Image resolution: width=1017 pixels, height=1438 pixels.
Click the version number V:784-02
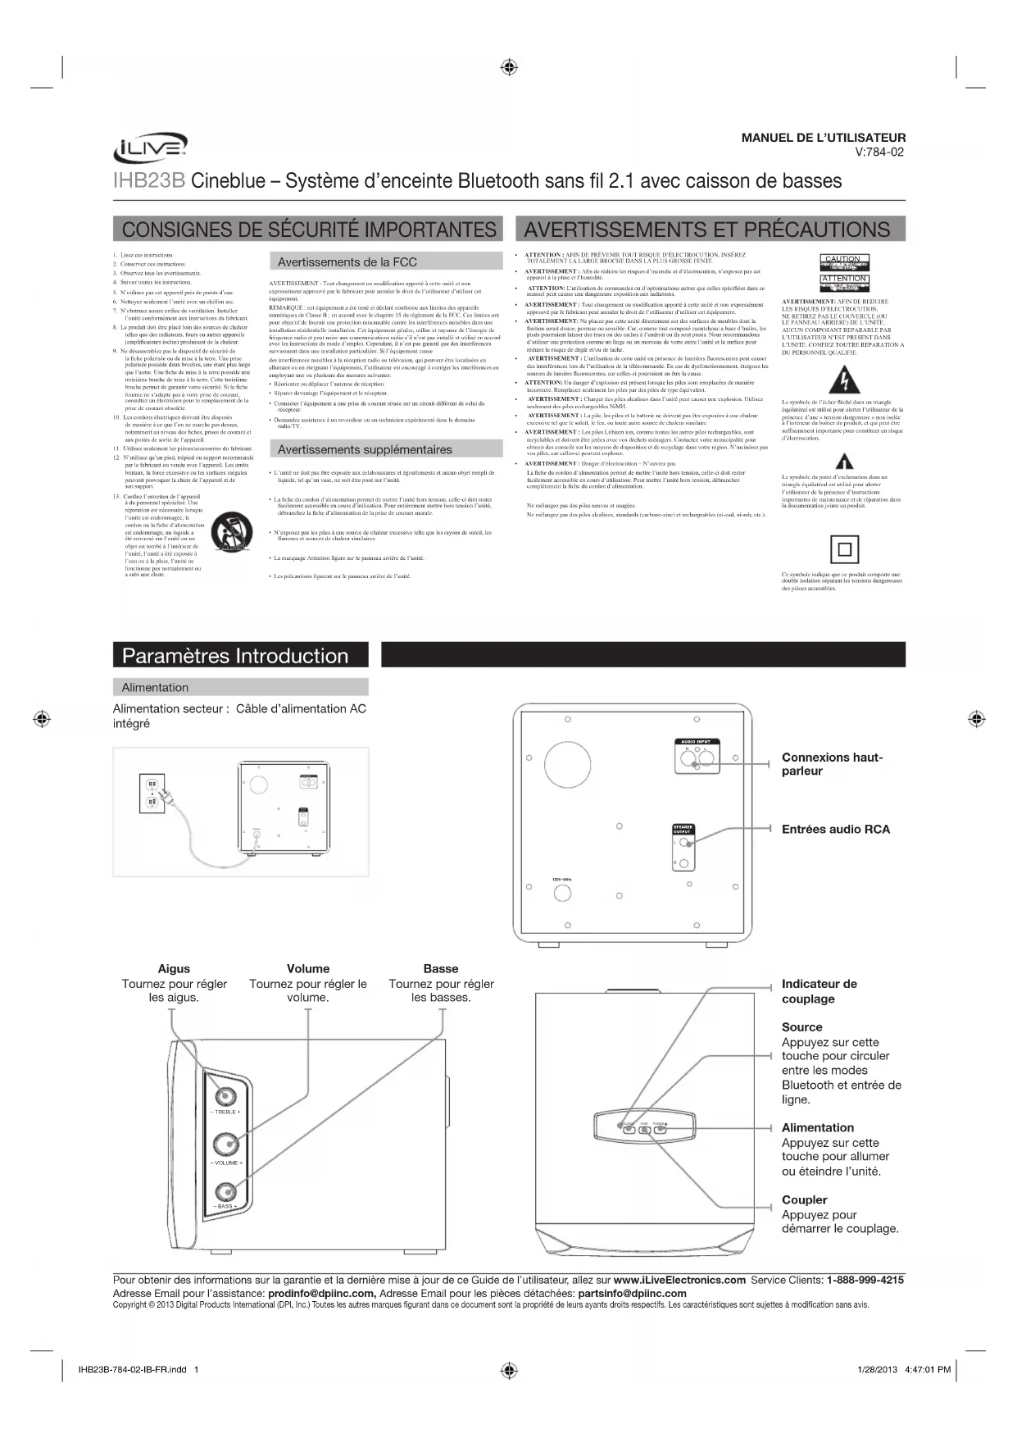pos(880,152)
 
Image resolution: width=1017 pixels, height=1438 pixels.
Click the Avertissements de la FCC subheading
pos(347,262)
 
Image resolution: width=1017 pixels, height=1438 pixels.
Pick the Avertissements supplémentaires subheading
pos(365,449)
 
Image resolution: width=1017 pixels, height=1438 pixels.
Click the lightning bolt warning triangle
pos(843,381)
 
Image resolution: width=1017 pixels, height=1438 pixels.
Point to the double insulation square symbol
pos(844,548)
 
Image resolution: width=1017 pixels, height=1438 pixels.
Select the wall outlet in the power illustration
pos(152,793)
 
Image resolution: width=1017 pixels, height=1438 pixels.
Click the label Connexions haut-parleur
pos(832,764)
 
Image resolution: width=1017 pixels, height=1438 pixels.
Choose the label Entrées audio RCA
pos(835,829)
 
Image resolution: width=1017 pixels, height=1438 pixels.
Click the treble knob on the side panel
pos(226,1095)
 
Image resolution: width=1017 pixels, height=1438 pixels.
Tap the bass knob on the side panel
pos(226,1192)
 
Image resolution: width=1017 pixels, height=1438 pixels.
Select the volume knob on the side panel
pos(226,1144)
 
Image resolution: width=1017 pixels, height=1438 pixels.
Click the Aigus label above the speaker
pos(174,969)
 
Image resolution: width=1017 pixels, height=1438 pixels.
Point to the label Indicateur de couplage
pos(819,991)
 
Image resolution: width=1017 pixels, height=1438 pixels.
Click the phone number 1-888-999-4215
pos(865,1280)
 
